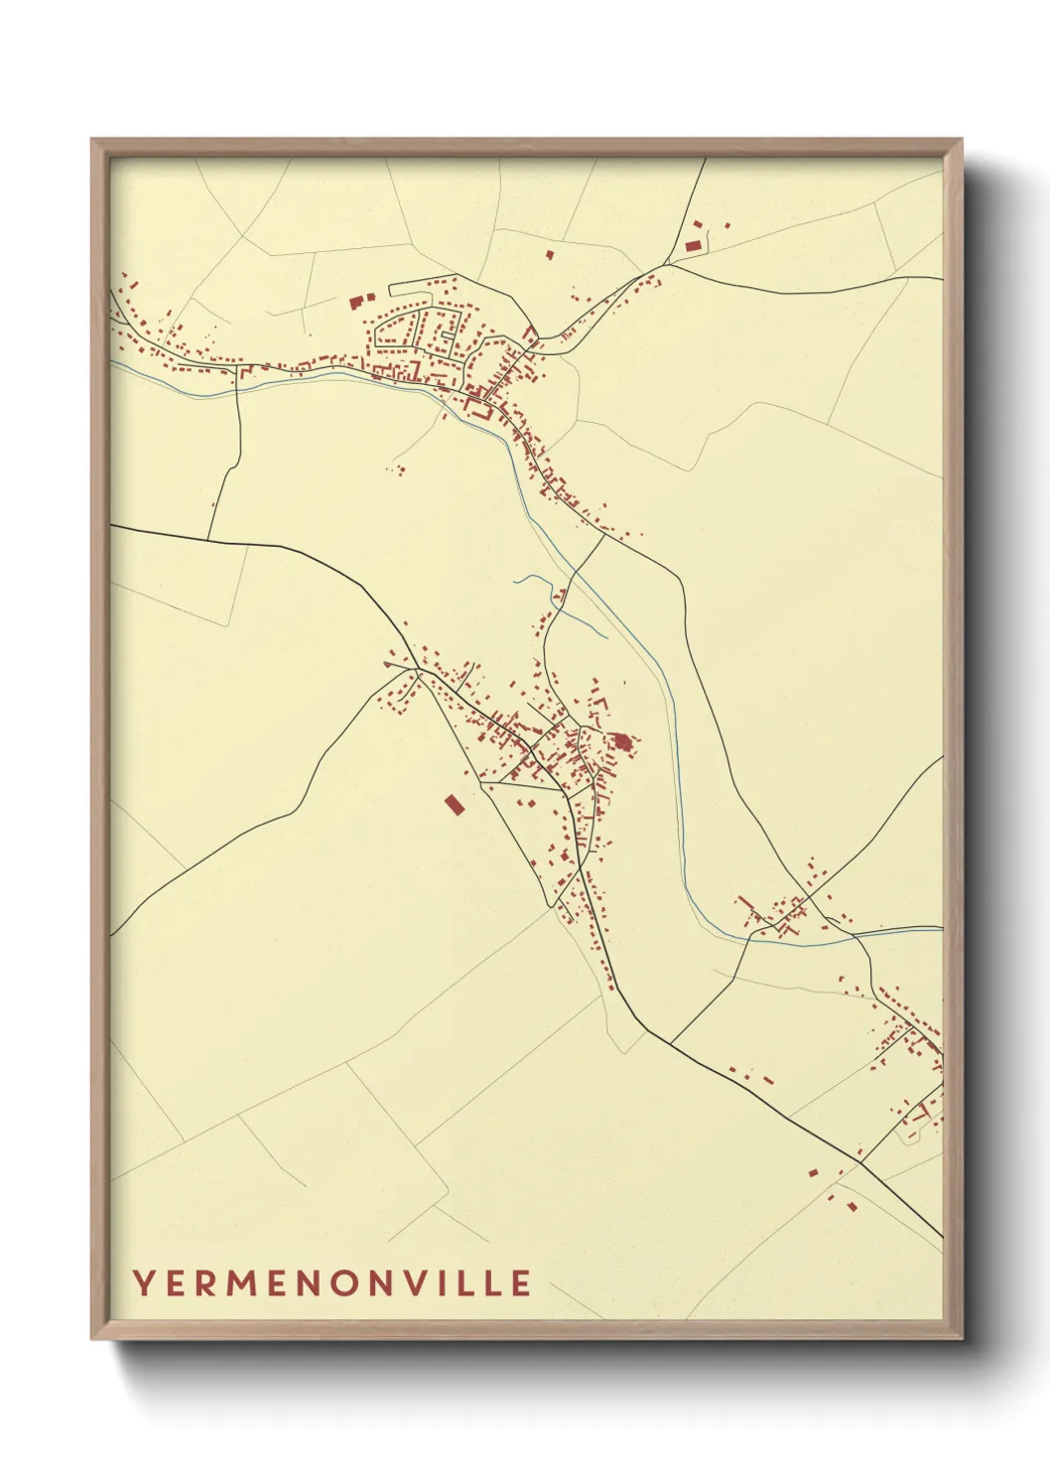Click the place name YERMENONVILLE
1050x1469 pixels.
[x=331, y=1282]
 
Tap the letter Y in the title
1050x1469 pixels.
[x=143, y=1282]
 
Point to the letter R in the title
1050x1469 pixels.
[x=205, y=1282]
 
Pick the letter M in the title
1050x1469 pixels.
[x=241, y=1282]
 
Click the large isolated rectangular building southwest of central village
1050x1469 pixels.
[x=454, y=804]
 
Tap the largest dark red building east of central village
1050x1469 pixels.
[x=622, y=741]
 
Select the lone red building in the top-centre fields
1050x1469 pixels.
[x=550, y=254]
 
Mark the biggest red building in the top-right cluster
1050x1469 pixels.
[x=693, y=244]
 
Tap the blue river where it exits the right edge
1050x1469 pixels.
[x=937, y=929]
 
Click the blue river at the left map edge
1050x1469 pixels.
[x=114, y=362]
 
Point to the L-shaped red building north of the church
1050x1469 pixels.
[x=598, y=703]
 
